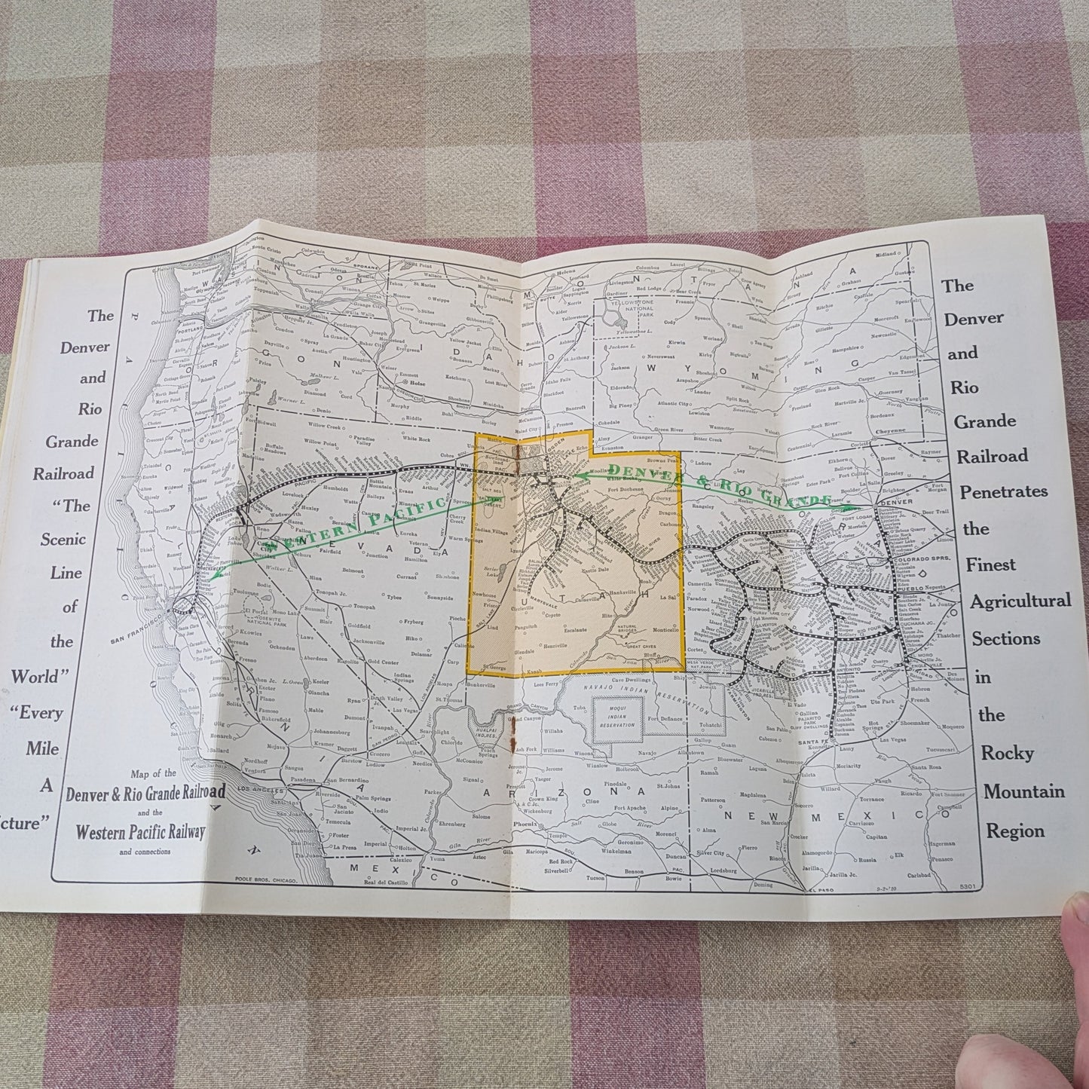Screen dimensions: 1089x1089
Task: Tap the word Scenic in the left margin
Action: (69, 540)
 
